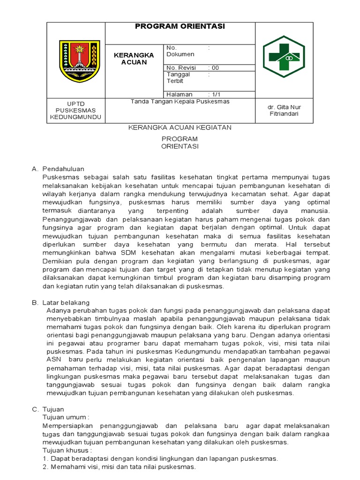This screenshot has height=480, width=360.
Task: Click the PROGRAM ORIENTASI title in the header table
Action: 180,27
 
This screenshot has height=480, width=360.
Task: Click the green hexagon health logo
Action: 283,56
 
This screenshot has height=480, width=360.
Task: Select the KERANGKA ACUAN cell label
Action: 134,59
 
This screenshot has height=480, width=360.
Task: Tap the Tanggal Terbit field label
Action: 178,77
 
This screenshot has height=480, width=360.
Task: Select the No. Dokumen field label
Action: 180,51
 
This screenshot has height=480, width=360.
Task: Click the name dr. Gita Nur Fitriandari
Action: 284,110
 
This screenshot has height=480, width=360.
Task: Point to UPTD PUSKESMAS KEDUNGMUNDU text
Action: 75,110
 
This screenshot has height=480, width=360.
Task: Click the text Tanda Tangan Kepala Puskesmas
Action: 180,102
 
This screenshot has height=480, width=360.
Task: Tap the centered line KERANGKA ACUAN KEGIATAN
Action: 180,127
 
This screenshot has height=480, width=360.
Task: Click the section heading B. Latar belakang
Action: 60,303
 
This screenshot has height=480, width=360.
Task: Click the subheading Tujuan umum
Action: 66,417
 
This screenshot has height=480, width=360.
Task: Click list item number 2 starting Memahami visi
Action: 119,467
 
